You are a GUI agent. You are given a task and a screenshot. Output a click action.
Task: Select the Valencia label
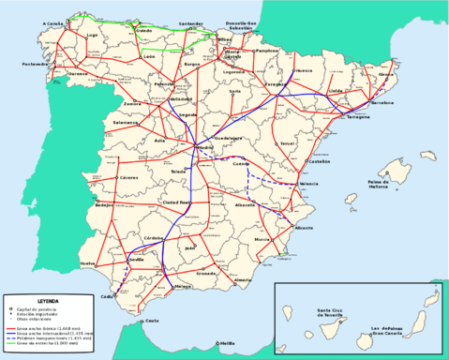[x=310, y=185]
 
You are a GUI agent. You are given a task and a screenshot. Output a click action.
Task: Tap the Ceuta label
[x=151, y=321]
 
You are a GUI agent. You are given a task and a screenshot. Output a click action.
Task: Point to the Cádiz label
[x=110, y=296]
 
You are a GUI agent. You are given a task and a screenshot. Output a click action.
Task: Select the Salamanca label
[x=126, y=123]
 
